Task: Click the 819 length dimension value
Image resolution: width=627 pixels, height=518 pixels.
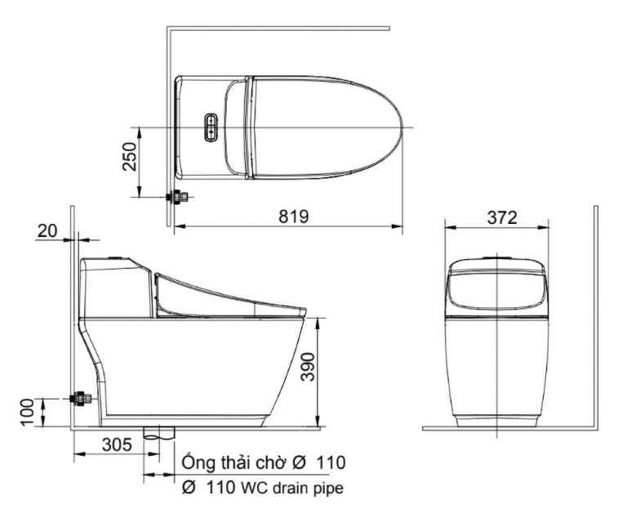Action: [292, 217]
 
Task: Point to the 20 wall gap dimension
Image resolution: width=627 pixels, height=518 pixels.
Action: [48, 231]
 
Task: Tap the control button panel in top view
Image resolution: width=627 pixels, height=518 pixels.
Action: [212, 127]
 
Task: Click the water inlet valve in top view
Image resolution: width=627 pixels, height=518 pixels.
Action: [176, 197]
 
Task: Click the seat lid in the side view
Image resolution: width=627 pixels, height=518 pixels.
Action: [229, 296]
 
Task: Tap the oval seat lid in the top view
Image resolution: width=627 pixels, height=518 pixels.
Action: [327, 127]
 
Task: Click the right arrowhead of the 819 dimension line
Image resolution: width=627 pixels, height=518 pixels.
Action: [400, 226]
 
